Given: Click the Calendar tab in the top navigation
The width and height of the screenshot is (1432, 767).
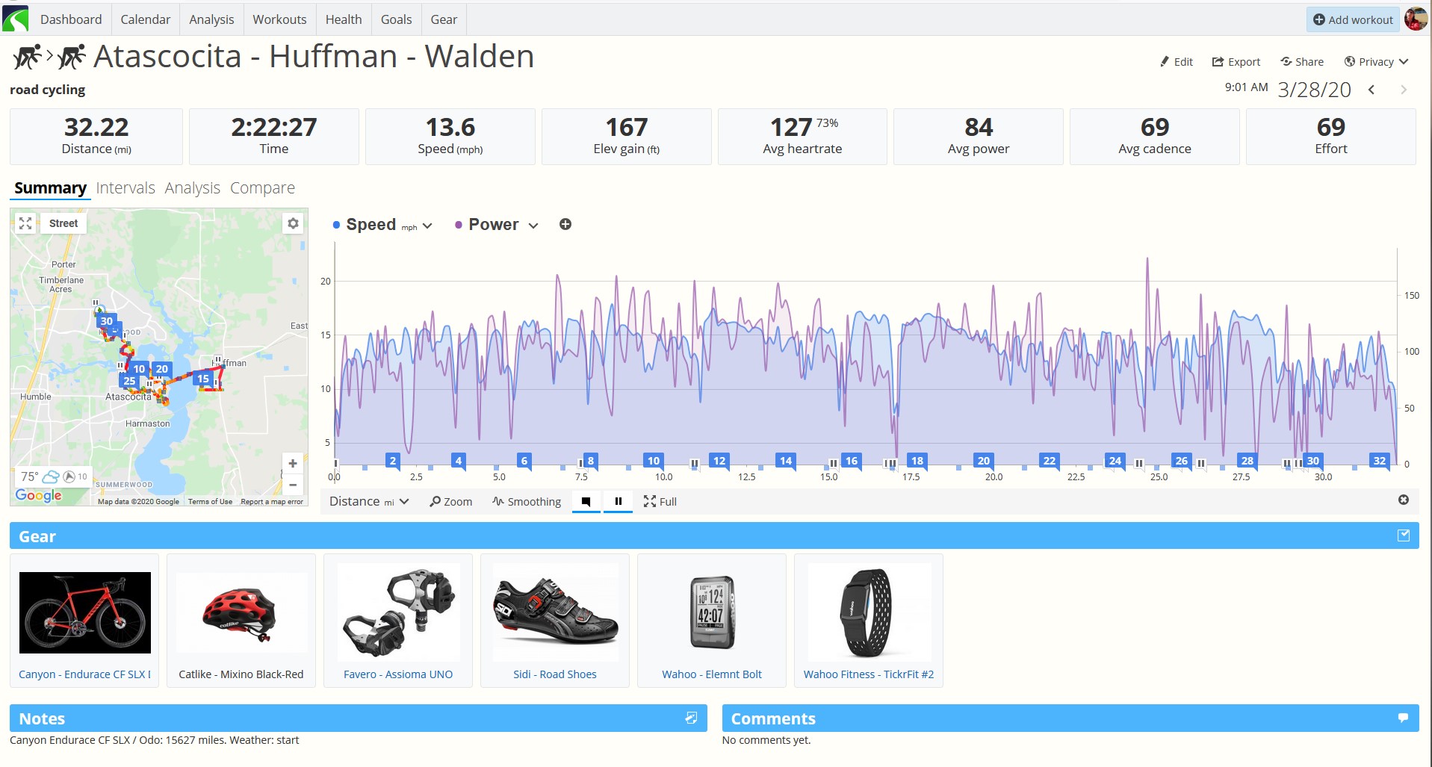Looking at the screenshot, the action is click(145, 19).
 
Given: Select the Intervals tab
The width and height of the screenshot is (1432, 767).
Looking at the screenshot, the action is click(125, 188).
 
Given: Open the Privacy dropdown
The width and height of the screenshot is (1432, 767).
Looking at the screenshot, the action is click(1376, 62).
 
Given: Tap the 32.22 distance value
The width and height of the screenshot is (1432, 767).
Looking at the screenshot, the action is click(96, 127).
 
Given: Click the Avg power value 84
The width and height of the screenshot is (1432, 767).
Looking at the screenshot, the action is click(979, 127).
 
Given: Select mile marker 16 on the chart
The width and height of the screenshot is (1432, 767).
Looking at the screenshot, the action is click(852, 461).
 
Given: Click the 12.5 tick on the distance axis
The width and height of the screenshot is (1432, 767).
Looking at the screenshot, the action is click(746, 477).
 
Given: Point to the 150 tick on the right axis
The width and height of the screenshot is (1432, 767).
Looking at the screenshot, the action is click(1411, 296).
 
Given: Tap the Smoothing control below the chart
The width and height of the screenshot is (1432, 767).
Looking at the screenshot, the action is click(527, 502).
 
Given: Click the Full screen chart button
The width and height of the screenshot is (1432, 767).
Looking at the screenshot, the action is click(660, 502).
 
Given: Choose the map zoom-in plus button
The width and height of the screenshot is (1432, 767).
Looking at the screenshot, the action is click(293, 464).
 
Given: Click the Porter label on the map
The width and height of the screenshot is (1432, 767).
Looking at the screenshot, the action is click(63, 264).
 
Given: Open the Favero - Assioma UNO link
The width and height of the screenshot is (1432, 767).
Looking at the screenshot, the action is click(398, 674).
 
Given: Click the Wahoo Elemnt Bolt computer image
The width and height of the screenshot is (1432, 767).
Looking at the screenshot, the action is click(712, 612).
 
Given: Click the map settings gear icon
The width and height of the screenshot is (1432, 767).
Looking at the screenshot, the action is click(293, 223).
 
